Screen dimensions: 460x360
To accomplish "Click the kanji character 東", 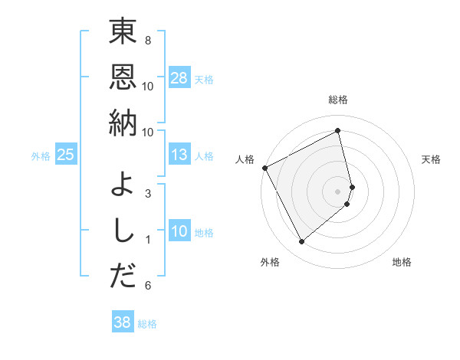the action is [123, 32].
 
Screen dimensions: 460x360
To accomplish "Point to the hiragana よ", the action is [123, 185].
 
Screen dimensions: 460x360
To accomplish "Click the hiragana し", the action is [123, 231].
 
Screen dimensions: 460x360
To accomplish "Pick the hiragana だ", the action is [123, 277].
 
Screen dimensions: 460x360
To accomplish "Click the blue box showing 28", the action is [179, 78].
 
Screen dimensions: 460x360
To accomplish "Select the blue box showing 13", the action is [179, 155].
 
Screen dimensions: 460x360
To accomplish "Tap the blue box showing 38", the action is [123, 323].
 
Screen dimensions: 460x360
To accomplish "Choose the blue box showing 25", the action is [66, 155].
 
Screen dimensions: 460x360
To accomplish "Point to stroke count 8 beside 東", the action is [147, 40].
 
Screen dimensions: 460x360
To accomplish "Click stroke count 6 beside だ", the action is [147, 286].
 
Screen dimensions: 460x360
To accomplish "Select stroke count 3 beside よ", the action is [147, 193].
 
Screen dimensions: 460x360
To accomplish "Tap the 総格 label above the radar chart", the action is [338, 100].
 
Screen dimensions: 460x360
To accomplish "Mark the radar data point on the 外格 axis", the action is [301, 242].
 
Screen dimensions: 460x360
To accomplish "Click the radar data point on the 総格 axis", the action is [338, 131].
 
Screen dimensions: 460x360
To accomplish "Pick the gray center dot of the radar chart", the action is [338, 190].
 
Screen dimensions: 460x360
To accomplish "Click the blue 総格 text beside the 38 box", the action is [147, 324].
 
